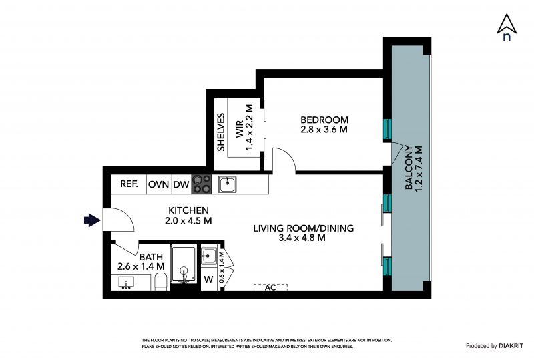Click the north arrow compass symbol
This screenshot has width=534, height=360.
(x=507, y=27)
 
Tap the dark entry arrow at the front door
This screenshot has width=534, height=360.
(x=92, y=220)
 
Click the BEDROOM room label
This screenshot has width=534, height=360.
(x=324, y=120)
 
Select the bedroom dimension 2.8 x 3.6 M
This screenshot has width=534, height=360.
(x=324, y=130)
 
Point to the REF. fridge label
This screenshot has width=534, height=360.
(x=129, y=184)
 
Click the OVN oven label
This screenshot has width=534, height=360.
(x=158, y=184)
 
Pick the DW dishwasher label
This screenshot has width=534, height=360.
(x=181, y=184)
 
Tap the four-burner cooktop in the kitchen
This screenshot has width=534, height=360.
(x=202, y=184)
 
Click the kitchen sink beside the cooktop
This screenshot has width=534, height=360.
(x=228, y=184)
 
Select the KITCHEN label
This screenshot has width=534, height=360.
(x=189, y=210)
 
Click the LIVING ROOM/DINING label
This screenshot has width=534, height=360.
(x=304, y=228)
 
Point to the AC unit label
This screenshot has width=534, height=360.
(x=270, y=287)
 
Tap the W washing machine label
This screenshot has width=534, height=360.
(x=208, y=280)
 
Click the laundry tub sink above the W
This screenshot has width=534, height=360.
(x=209, y=255)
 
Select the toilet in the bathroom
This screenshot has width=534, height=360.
(x=160, y=281)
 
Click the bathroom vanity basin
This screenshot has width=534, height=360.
(x=126, y=283)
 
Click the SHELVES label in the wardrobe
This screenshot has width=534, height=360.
(x=221, y=132)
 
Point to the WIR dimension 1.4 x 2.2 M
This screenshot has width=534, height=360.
(x=250, y=128)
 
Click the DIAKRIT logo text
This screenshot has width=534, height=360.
(x=511, y=346)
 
